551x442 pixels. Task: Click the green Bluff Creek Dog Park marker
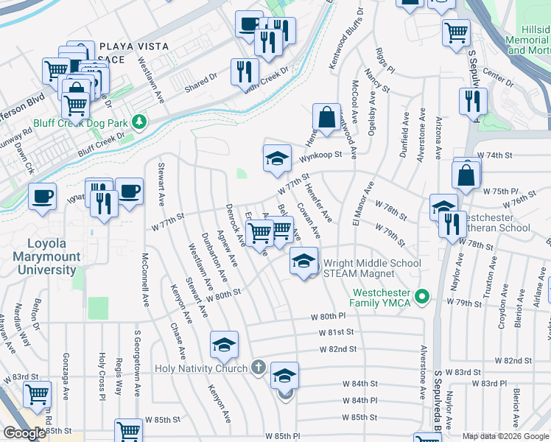138,121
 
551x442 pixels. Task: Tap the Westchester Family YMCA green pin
421,298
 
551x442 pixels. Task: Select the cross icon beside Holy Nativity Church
258,367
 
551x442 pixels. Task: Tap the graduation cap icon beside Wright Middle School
303,260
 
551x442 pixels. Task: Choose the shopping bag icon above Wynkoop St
326,117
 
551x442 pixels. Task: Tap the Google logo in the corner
24,433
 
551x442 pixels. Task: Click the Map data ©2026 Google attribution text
505,436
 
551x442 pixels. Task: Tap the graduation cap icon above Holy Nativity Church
225,344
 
